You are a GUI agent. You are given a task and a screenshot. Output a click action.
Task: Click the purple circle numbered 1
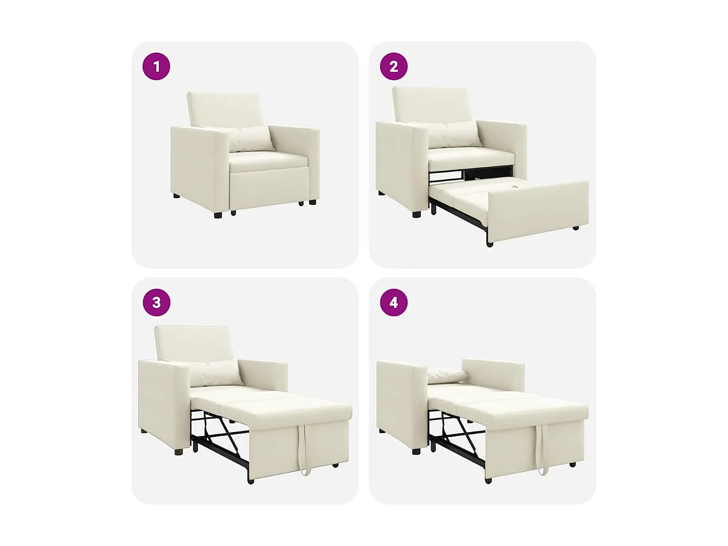tap(156, 66)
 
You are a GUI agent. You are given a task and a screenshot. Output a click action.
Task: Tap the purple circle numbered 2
tap(394, 66)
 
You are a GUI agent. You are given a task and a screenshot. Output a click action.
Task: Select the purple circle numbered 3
tap(156, 302)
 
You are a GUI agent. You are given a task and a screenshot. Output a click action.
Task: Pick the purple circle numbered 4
tap(394, 302)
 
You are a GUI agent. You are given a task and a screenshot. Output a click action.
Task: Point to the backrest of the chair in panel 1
tap(224, 109)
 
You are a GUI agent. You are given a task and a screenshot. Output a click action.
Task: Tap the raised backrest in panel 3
tap(193, 342)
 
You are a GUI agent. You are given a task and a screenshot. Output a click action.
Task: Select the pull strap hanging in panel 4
tap(543, 449)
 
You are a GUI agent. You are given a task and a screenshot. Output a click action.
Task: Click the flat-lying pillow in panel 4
tap(447, 375)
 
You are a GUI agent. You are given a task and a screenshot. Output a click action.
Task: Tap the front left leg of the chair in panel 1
tap(217, 214)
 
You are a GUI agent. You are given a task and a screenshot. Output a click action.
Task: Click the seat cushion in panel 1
tap(268, 161)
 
